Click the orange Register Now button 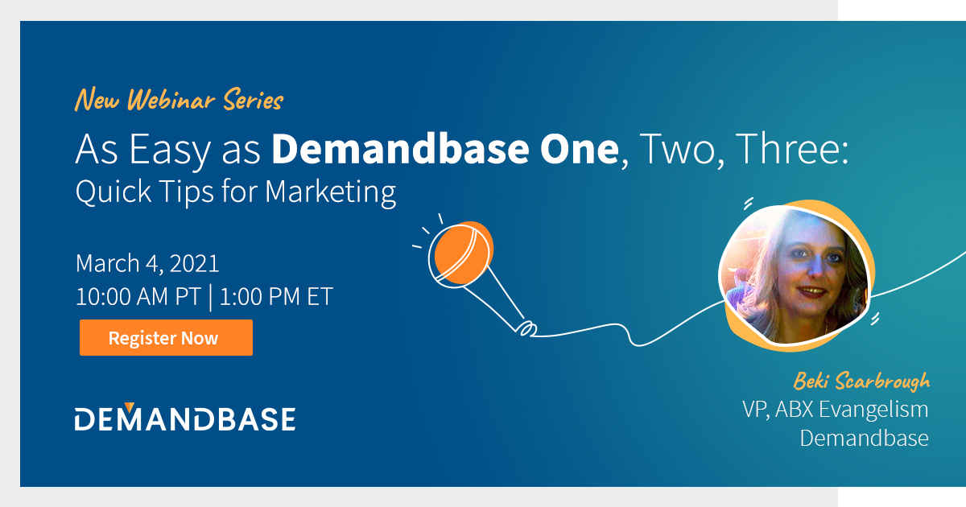pyautogui.click(x=166, y=338)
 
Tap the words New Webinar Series pyautogui.click(x=179, y=101)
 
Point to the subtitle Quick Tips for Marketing pyautogui.click(x=236, y=193)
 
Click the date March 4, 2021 pyautogui.click(x=147, y=263)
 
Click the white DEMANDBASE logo pyautogui.click(x=185, y=418)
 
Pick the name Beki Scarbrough pyautogui.click(x=861, y=380)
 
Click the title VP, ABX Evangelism pyautogui.click(x=835, y=409)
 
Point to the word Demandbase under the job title pyautogui.click(x=864, y=439)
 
